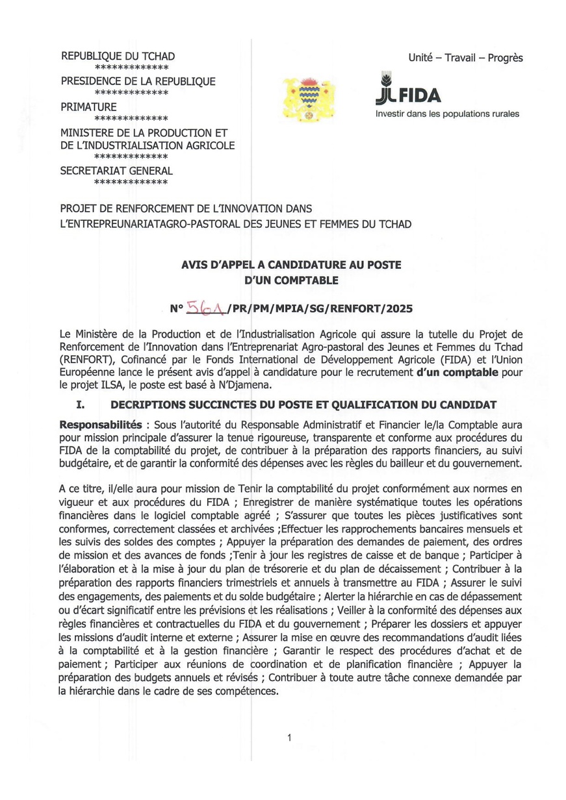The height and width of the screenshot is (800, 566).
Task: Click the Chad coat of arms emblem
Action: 309,98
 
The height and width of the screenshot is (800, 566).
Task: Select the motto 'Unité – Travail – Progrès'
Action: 465,58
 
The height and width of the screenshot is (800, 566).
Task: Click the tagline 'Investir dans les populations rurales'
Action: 447,114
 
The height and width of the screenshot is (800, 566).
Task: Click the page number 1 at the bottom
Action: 289,738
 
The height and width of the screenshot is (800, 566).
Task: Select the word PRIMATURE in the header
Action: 88,106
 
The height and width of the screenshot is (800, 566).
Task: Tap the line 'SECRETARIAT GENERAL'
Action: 116,171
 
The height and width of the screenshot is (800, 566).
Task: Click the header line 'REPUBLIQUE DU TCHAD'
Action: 118,56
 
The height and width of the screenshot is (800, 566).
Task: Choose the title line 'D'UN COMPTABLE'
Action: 290,281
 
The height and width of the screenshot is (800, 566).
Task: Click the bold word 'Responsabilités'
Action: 100,425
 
